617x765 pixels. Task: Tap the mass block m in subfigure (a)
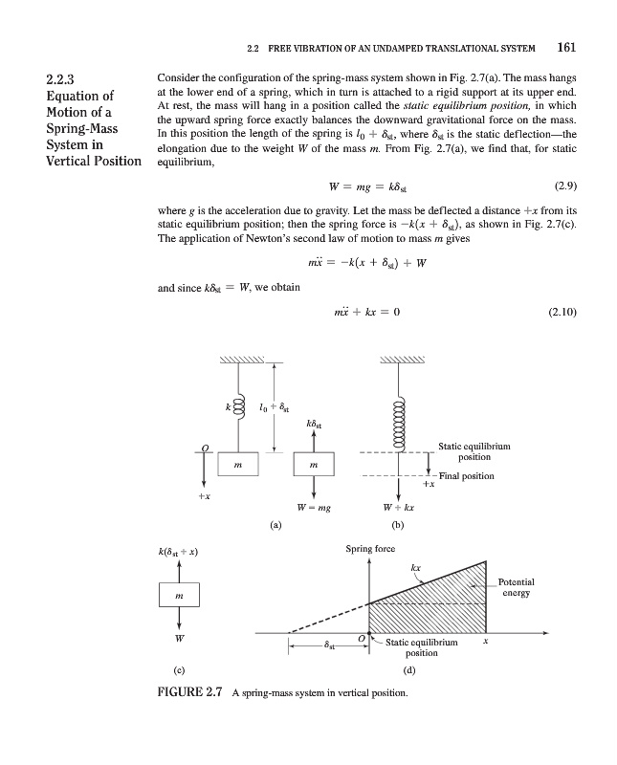tap(236, 466)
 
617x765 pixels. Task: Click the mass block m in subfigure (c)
tap(178, 597)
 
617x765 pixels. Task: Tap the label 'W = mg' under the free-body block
tap(314, 509)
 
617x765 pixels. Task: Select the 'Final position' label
tap(465, 475)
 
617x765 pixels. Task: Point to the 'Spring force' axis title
tap(370, 549)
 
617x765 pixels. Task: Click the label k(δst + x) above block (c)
tap(177, 552)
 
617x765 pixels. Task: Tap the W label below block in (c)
tap(178, 638)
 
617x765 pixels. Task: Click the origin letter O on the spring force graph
tap(361, 637)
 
